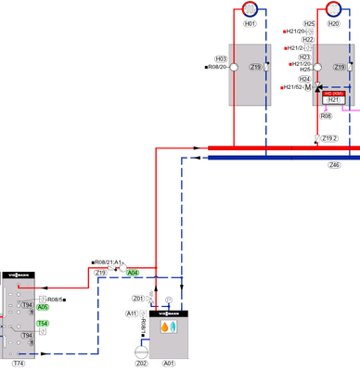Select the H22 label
coord(309,40)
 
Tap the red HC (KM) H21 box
coord(334,96)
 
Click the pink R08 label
coord(326,116)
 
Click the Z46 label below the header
coord(334,164)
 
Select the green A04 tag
coord(133,273)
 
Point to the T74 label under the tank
coord(19,363)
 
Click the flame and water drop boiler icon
coord(169,327)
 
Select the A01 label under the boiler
coord(169,363)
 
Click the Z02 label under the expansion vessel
coord(141,363)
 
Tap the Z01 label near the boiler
coord(138,299)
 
